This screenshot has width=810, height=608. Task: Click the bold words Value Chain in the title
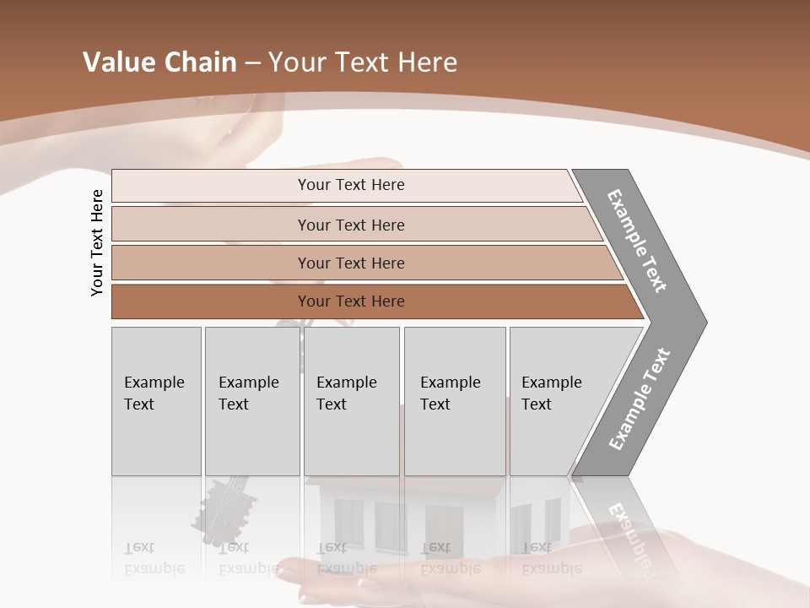tap(159, 62)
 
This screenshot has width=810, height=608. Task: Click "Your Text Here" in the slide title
tap(363, 62)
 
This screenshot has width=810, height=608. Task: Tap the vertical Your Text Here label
tap(97, 243)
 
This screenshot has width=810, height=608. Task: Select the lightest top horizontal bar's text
tap(351, 185)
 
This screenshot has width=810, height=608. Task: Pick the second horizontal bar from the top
tap(351, 225)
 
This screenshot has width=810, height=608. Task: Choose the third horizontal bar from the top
tap(351, 263)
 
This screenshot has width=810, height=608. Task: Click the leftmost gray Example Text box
tap(156, 400)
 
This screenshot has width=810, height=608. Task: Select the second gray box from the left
tap(251, 400)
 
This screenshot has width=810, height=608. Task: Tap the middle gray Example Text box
tap(351, 400)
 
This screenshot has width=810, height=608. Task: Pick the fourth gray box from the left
tap(454, 400)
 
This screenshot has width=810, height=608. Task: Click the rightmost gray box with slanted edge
tap(557, 400)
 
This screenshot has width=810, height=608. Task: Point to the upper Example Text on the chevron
tap(637, 241)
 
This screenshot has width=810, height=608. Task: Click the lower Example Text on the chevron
tap(640, 399)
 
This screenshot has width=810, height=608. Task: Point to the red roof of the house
tap(405, 486)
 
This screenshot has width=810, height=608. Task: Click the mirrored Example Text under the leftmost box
tap(154, 558)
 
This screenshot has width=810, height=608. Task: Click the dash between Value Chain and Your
tap(252, 63)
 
